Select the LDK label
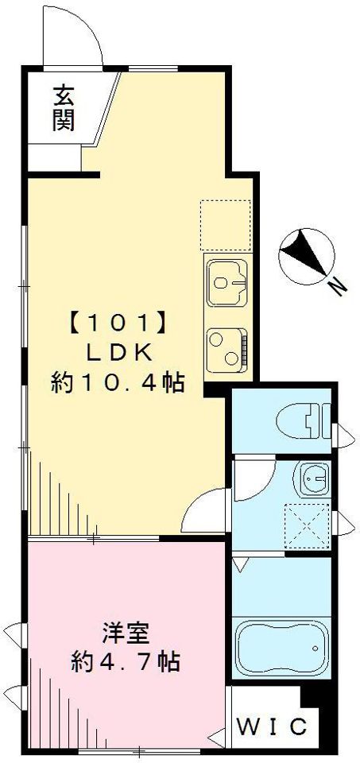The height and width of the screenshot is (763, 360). tap(119, 353)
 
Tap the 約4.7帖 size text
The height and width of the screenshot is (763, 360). tap(123, 661)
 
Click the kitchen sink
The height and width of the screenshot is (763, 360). tap(226, 281)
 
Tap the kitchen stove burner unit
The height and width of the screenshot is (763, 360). tap(226, 347)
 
